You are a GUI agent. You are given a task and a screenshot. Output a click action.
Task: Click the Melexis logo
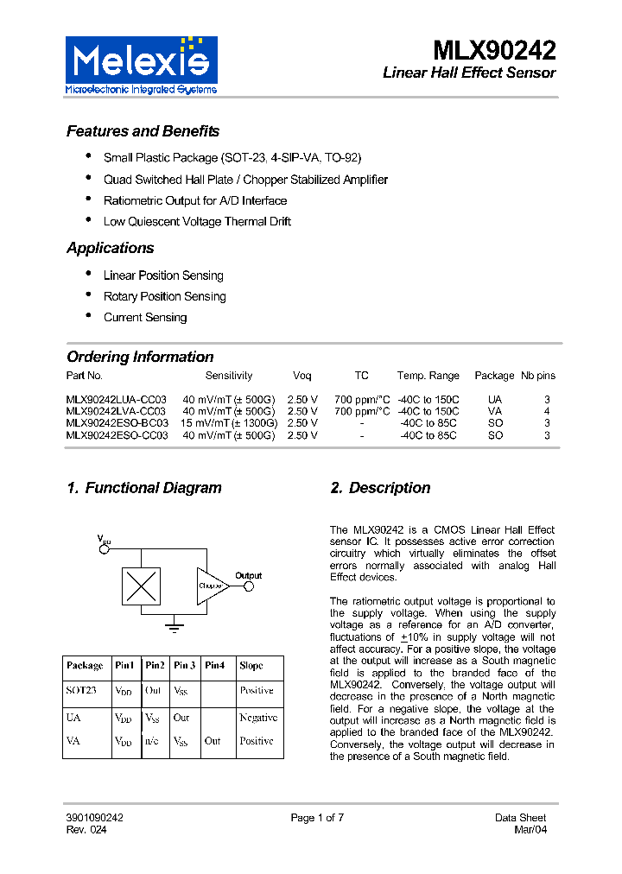[142, 65]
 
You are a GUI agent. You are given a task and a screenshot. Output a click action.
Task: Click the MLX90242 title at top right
[494, 48]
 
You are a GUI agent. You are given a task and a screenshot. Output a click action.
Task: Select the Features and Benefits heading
[143, 131]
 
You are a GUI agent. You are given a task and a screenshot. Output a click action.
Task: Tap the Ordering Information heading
[140, 357]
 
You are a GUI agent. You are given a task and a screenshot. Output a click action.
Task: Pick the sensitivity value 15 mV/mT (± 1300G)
[229, 424]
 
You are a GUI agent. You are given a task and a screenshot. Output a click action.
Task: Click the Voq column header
[301, 376]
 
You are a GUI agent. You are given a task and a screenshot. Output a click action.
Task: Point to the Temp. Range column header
[428, 376]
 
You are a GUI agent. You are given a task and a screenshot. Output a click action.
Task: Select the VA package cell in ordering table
[494, 412]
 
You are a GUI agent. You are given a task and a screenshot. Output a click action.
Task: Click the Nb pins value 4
[546, 412]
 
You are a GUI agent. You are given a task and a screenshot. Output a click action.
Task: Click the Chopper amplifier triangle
[211, 586]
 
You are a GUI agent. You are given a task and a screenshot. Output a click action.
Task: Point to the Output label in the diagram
[248, 575]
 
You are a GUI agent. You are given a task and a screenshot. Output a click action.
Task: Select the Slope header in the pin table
[251, 666]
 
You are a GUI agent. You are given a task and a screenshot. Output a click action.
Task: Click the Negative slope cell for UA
[258, 718]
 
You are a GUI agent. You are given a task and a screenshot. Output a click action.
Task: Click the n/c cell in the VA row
[152, 741]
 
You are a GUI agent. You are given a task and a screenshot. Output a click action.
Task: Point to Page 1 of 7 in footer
[317, 818]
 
